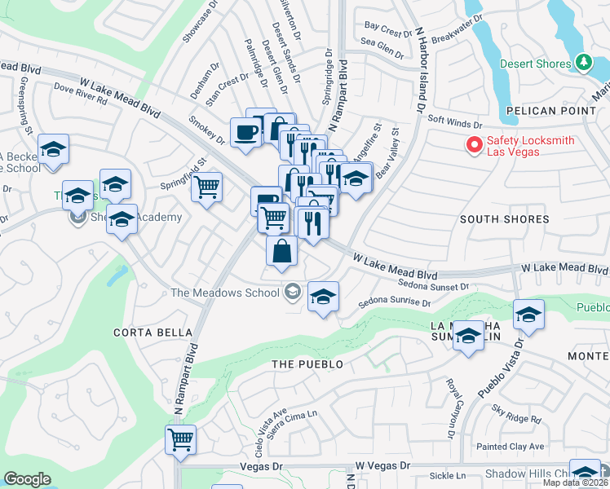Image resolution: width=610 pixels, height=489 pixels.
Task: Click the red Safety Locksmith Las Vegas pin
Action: pyautogui.click(x=472, y=144)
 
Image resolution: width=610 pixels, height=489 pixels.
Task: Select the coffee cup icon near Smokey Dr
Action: pyautogui.click(x=245, y=133)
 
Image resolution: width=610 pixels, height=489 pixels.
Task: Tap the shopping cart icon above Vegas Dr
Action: pyautogui.click(x=181, y=440)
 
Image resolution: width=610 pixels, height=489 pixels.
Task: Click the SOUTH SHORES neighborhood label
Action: pyautogui.click(x=504, y=219)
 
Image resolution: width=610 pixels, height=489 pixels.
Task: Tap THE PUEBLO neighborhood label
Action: pyautogui.click(x=307, y=363)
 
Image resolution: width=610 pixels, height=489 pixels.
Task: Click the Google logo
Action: pyautogui.click(x=27, y=479)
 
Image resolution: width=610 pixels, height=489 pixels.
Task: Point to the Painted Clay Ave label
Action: pyautogui.click(x=511, y=447)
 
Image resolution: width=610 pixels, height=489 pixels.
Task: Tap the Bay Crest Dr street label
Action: pyautogui.click(x=389, y=31)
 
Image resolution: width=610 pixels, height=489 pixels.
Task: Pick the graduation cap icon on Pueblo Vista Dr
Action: pyautogui.click(x=528, y=315)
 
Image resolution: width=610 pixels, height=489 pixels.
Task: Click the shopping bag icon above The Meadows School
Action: pyautogui.click(x=281, y=252)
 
